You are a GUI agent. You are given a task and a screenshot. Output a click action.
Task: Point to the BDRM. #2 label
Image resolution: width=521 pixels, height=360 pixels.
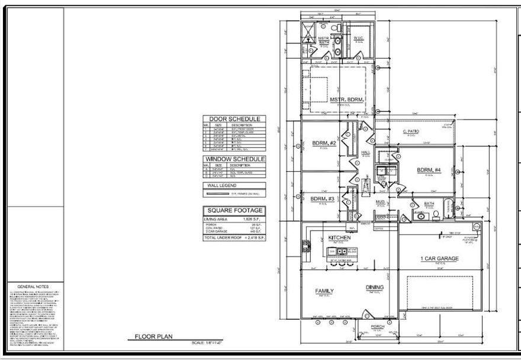pyautogui.click(x=324, y=143)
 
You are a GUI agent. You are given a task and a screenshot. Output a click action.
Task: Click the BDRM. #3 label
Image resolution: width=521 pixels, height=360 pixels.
pyautogui.click(x=323, y=198)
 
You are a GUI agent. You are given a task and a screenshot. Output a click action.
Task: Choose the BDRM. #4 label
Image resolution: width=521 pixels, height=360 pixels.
pyautogui.click(x=429, y=171)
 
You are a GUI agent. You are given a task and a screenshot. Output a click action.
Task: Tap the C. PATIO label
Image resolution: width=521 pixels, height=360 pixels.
pyautogui.click(x=411, y=131)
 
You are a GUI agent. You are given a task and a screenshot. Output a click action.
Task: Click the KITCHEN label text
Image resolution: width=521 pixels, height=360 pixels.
pyautogui.click(x=340, y=237)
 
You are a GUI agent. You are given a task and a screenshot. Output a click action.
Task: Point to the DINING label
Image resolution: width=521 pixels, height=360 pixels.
pyautogui.click(x=374, y=288)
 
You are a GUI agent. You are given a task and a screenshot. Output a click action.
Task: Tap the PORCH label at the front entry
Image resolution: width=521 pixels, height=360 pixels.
pyautogui.click(x=378, y=327)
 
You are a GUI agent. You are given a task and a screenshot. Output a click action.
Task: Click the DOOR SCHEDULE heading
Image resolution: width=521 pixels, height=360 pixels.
pyautogui.click(x=234, y=119)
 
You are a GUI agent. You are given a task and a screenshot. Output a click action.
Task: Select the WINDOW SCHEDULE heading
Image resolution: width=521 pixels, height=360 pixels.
pyautogui.click(x=234, y=159)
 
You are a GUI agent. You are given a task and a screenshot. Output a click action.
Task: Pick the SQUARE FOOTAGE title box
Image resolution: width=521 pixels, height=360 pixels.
pyautogui.click(x=234, y=210)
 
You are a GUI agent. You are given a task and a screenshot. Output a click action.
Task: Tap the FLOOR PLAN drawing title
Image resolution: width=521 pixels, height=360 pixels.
pyautogui.click(x=153, y=337)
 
